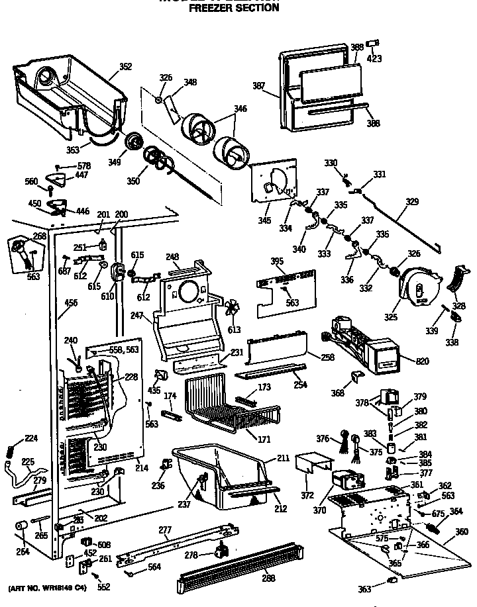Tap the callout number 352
point(125,66)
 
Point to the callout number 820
point(422,361)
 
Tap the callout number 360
point(461,532)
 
